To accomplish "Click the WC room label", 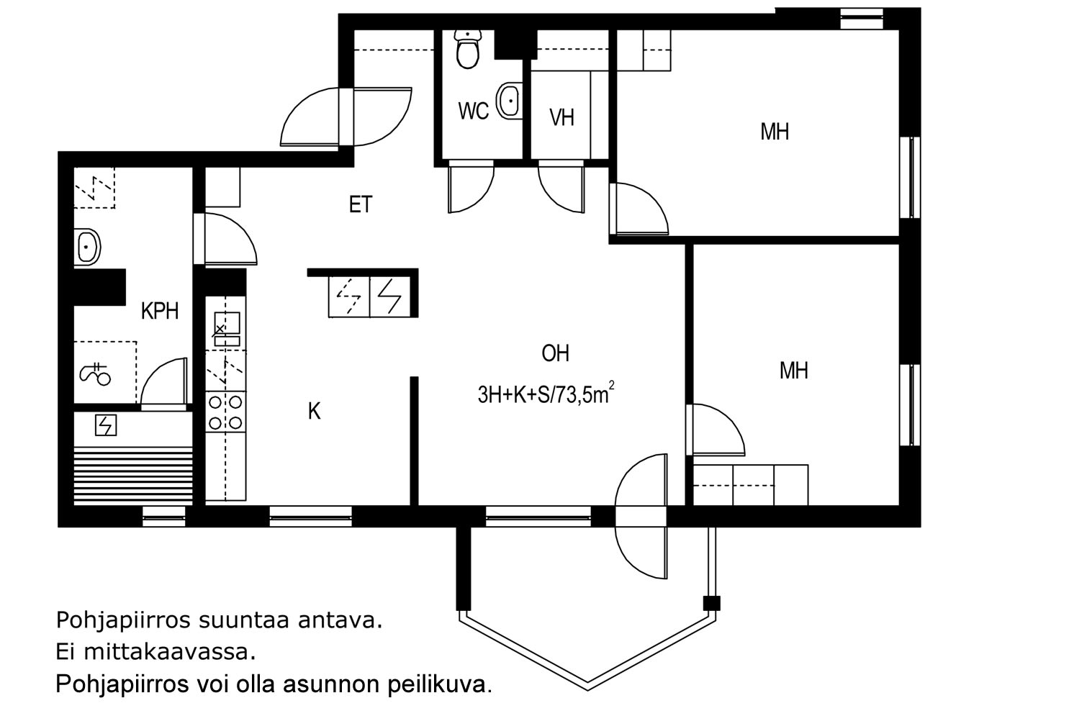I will (x=473, y=112).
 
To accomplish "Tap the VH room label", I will (x=561, y=117).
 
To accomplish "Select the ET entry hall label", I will (x=361, y=205).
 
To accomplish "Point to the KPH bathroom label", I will (x=159, y=312).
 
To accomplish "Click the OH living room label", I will (x=555, y=353).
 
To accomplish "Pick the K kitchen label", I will (x=314, y=412).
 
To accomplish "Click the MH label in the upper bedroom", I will (x=775, y=132).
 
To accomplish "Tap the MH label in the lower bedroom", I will (x=793, y=371).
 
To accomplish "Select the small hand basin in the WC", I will (x=510, y=101).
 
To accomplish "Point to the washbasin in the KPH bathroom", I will (x=88, y=248).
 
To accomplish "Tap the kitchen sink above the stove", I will (x=226, y=325).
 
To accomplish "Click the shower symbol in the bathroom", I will (x=94, y=374).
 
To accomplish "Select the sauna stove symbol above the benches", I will (x=106, y=426).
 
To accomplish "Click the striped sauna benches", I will (x=134, y=475).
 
